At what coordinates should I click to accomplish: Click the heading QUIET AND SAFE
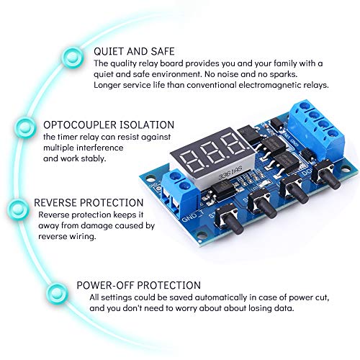134,52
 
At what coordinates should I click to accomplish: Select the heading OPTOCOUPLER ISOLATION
109,125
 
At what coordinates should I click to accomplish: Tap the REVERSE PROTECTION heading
89,202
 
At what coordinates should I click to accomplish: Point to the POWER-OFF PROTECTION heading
138,285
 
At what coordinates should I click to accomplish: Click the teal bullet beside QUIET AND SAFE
72,58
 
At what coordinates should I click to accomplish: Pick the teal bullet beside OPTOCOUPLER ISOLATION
24,127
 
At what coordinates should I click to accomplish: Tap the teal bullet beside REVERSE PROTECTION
17,210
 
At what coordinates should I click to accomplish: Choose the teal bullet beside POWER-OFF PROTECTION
58,292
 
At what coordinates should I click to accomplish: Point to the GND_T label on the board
193,217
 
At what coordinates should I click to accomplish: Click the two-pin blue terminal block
179,192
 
